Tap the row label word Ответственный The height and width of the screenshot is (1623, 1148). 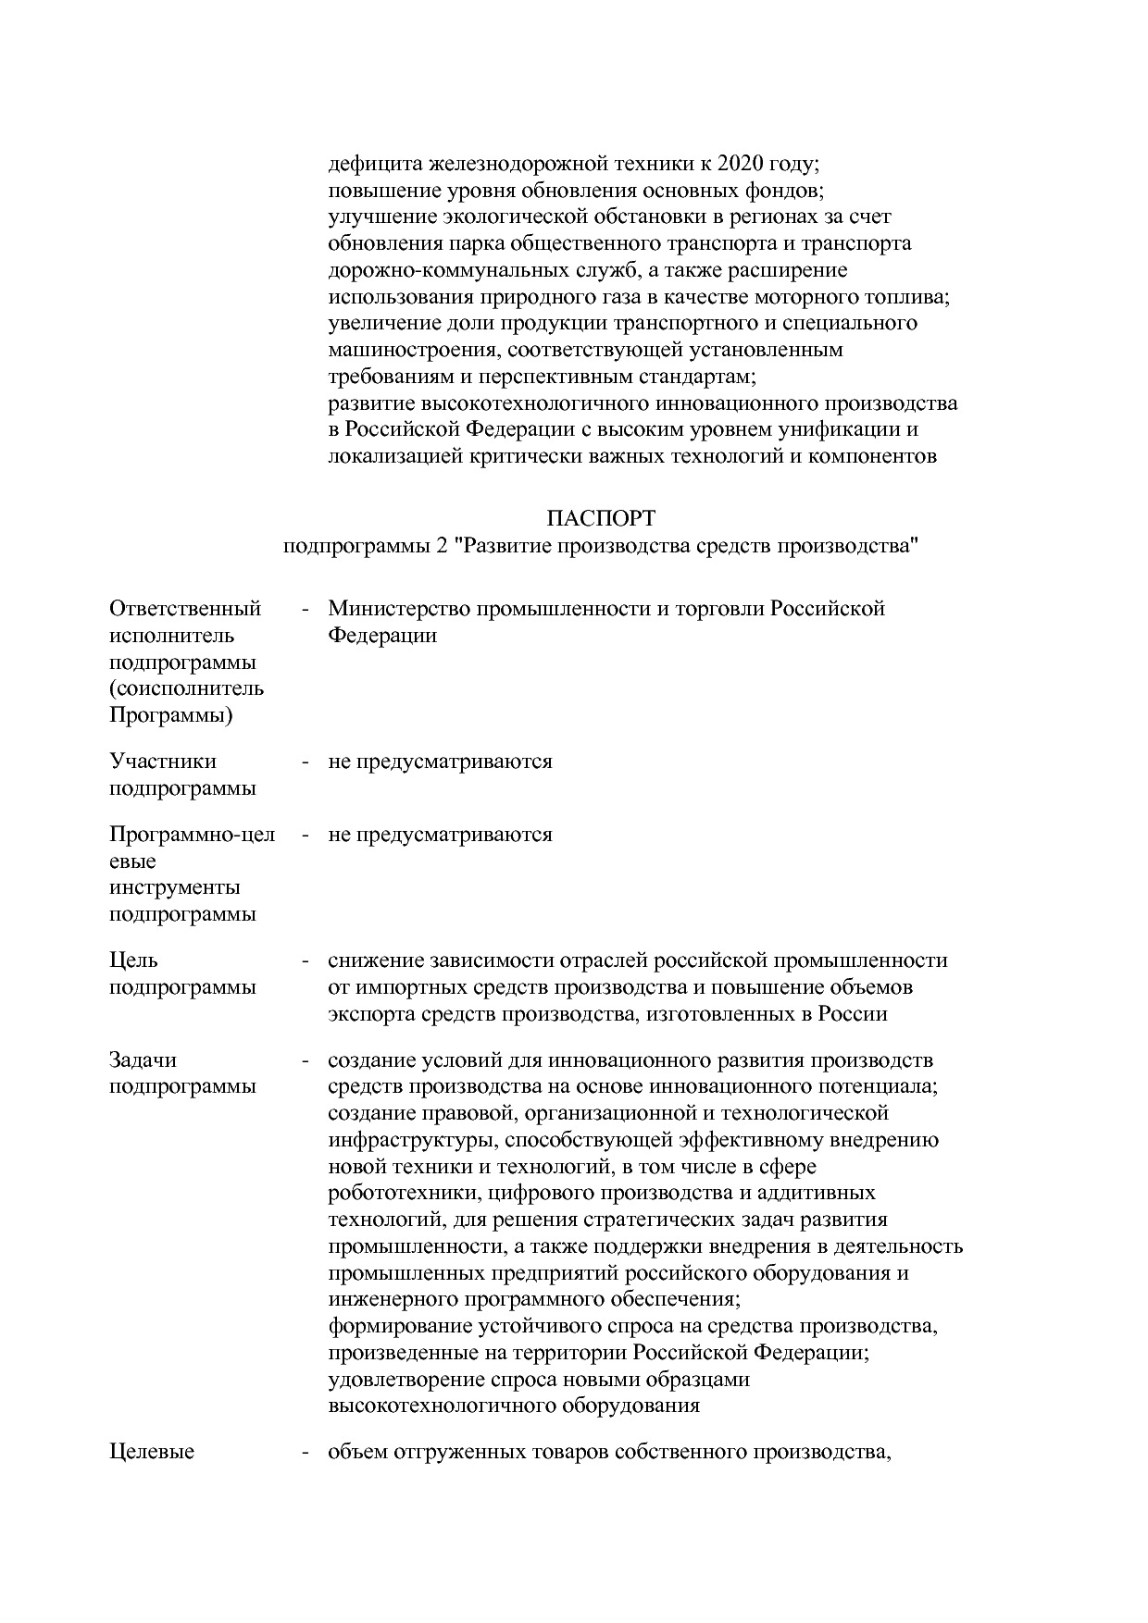pyautogui.click(x=185, y=609)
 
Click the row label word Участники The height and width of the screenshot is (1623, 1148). pyautogui.click(x=163, y=762)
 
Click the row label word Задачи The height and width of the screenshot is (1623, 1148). pyautogui.click(x=143, y=1059)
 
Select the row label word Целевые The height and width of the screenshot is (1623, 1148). pyautogui.click(x=152, y=1452)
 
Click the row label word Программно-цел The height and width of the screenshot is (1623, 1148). pyautogui.click(x=193, y=835)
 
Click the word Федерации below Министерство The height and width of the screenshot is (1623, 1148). pyautogui.click(x=382, y=636)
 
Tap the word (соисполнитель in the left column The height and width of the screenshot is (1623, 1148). pyautogui.click(x=186, y=689)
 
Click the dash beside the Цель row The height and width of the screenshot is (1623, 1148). pyautogui.click(x=305, y=960)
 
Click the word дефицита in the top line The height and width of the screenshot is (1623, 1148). pyautogui.click(x=373, y=164)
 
